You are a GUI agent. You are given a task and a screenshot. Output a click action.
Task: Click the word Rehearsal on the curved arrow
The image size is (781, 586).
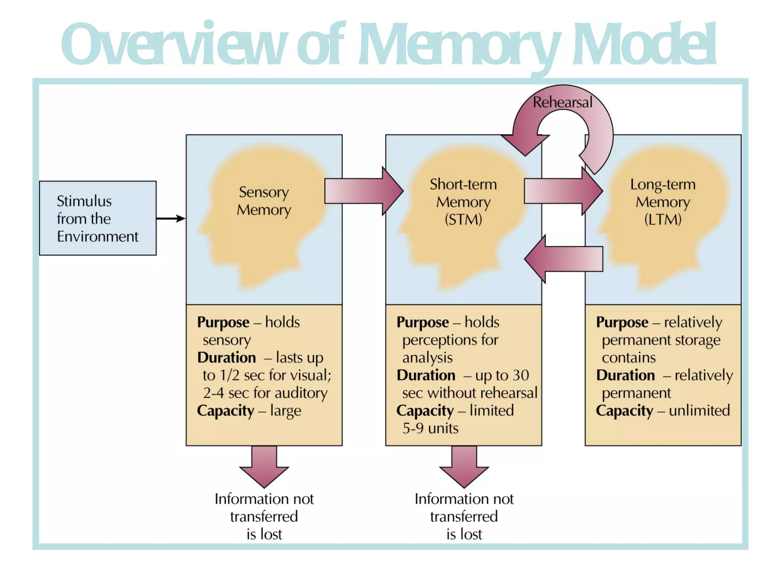(562, 103)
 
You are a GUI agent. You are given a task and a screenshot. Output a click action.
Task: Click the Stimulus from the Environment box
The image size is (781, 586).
(98, 218)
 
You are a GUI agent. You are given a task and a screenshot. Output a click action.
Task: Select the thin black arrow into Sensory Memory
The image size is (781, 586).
(170, 219)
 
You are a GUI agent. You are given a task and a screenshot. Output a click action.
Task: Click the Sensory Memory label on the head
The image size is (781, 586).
(264, 201)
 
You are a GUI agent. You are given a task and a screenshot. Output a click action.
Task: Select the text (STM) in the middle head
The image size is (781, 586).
(463, 220)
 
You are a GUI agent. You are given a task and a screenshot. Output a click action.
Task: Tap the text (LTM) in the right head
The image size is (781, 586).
(663, 220)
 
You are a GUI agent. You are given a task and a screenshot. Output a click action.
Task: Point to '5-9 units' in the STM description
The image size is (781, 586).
(430, 428)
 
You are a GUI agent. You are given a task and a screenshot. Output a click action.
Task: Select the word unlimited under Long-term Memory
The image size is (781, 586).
(699, 411)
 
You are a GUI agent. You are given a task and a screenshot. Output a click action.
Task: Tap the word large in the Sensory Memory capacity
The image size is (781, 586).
(285, 411)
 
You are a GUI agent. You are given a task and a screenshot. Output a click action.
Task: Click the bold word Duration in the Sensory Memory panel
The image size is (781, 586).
(227, 358)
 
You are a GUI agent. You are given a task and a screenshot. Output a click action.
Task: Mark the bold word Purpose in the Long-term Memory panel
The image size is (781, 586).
(622, 322)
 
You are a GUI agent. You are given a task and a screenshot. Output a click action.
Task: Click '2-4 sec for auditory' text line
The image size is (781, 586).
(265, 393)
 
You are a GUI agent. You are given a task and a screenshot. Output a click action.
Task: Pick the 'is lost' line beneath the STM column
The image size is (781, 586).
(464, 534)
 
